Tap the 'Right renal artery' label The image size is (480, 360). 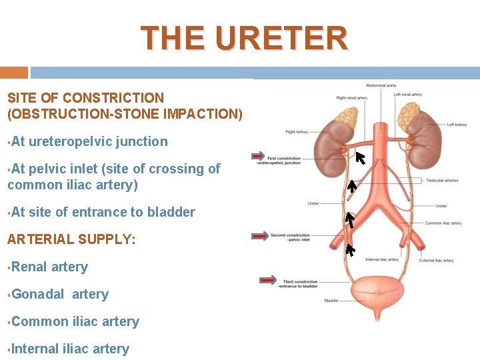[351, 98]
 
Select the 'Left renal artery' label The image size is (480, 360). [407, 95]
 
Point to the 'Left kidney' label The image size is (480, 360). [457, 125]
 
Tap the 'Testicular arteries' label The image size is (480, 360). [442, 180]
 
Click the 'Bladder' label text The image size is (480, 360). [331, 301]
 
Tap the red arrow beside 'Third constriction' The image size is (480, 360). [269, 280]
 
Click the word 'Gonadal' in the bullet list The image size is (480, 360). [39, 294]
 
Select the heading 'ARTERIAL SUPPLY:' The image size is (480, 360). [71, 239]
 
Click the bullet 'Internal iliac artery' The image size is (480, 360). [70, 349]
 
